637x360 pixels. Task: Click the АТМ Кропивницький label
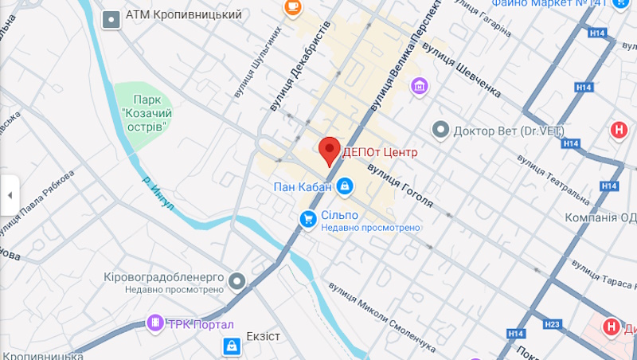coord(172,15)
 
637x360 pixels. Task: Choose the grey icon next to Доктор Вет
coord(440,129)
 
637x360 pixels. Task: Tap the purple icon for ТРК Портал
coord(154,323)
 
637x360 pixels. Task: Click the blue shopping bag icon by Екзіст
coord(231,345)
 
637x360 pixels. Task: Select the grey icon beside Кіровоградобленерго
coord(236,280)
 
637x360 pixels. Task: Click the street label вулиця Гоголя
coord(400,185)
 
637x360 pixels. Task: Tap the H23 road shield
coord(551,323)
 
